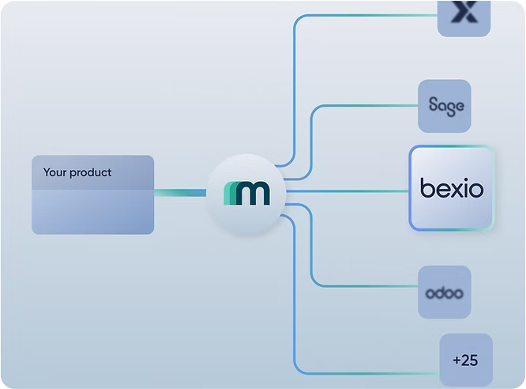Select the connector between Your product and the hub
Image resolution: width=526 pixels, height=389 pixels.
(x=179, y=192)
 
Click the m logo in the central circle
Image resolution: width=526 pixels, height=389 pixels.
(x=246, y=193)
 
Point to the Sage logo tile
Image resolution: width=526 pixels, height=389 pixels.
(x=445, y=106)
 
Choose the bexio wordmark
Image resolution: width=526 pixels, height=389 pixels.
(x=452, y=189)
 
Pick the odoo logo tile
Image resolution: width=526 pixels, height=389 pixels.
(x=445, y=293)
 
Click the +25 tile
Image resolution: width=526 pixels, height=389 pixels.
(x=465, y=360)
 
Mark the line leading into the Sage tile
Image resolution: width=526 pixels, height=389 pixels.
(x=363, y=106)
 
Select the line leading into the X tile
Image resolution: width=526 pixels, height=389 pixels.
(x=363, y=14)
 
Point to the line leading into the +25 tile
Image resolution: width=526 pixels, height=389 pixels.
(x=363, y=372)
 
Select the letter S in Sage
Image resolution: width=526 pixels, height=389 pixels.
(x=433, y=105)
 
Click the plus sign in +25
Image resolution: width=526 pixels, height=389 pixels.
(x=456, y=361)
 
